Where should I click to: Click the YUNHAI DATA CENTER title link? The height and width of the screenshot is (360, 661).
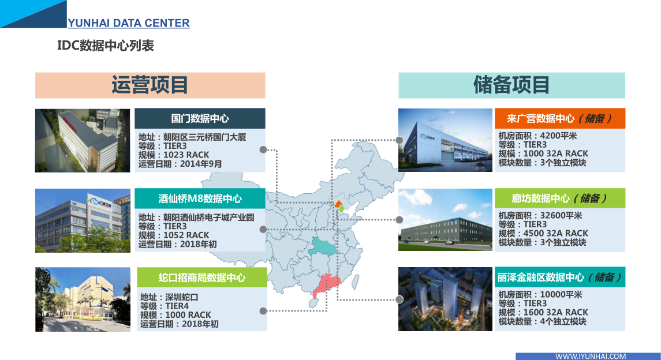point(129,22)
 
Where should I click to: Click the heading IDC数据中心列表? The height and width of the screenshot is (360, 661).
point(106,46)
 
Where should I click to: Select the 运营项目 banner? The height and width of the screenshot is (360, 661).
point(150,85)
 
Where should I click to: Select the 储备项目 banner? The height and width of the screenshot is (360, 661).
point(511,85)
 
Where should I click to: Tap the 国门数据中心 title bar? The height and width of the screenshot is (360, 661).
point(200,118)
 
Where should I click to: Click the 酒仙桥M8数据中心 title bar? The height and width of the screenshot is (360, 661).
point(200,198)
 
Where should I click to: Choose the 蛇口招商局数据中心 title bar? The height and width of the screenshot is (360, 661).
point(202,277)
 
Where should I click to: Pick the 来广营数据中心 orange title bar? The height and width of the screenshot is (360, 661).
point(560,118)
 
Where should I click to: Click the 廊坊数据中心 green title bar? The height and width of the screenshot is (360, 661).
point(560,198)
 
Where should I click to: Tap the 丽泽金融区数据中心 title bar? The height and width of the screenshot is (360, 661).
point(560,277)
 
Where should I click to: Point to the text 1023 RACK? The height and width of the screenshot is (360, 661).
point(186,155)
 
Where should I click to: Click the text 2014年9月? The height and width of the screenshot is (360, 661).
point(201,164)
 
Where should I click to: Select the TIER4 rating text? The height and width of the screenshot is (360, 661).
point(177,306)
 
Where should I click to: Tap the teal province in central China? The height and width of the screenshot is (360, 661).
point(323,246)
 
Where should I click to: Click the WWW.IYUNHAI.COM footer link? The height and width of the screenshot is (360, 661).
point(590,356)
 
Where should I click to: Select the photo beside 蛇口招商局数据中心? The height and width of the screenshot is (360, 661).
point(83,299)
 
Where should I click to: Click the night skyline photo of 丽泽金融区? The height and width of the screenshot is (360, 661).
point(445,299)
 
